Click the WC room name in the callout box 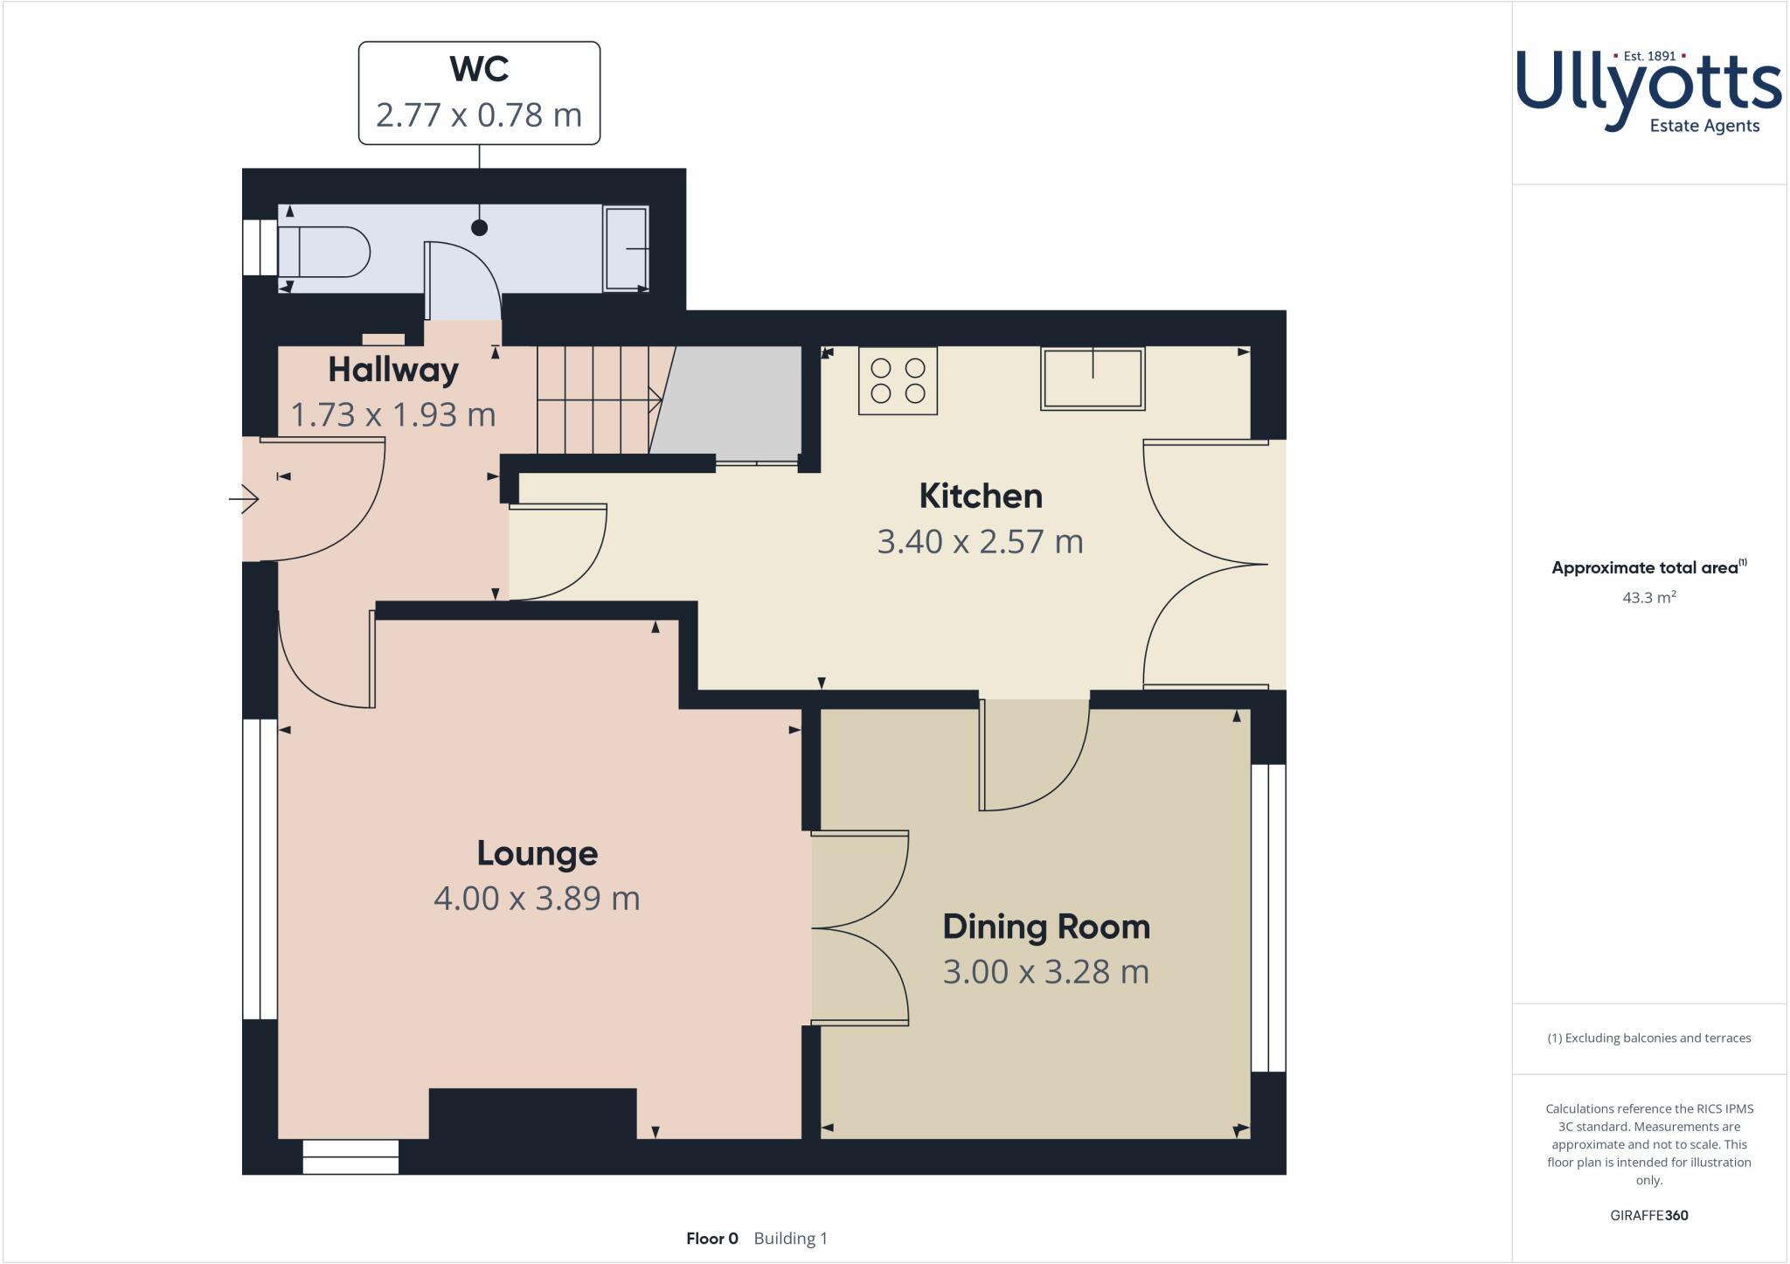tap(479, 69)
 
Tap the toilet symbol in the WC tap(324, 252)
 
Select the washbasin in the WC tap(626, 248)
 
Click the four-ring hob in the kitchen tap(898, 380)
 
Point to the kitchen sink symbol tap(1093, 379)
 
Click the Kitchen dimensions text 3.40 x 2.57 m tap(980, 542)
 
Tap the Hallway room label tap(392, 370)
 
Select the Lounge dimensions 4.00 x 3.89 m tap(537, 899)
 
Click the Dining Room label tap(1046, 927)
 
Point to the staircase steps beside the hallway tap(594, 399)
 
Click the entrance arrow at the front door tap(245, 499)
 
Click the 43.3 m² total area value tap(1648, 598)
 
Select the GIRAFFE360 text tap(1648, 1215)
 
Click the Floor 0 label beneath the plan tap(712, 1239)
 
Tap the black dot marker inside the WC tap(479, 227)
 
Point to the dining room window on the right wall tap(1268, 918)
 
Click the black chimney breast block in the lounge tap(532, 1113)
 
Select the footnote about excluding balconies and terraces tap(1648, 1038)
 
